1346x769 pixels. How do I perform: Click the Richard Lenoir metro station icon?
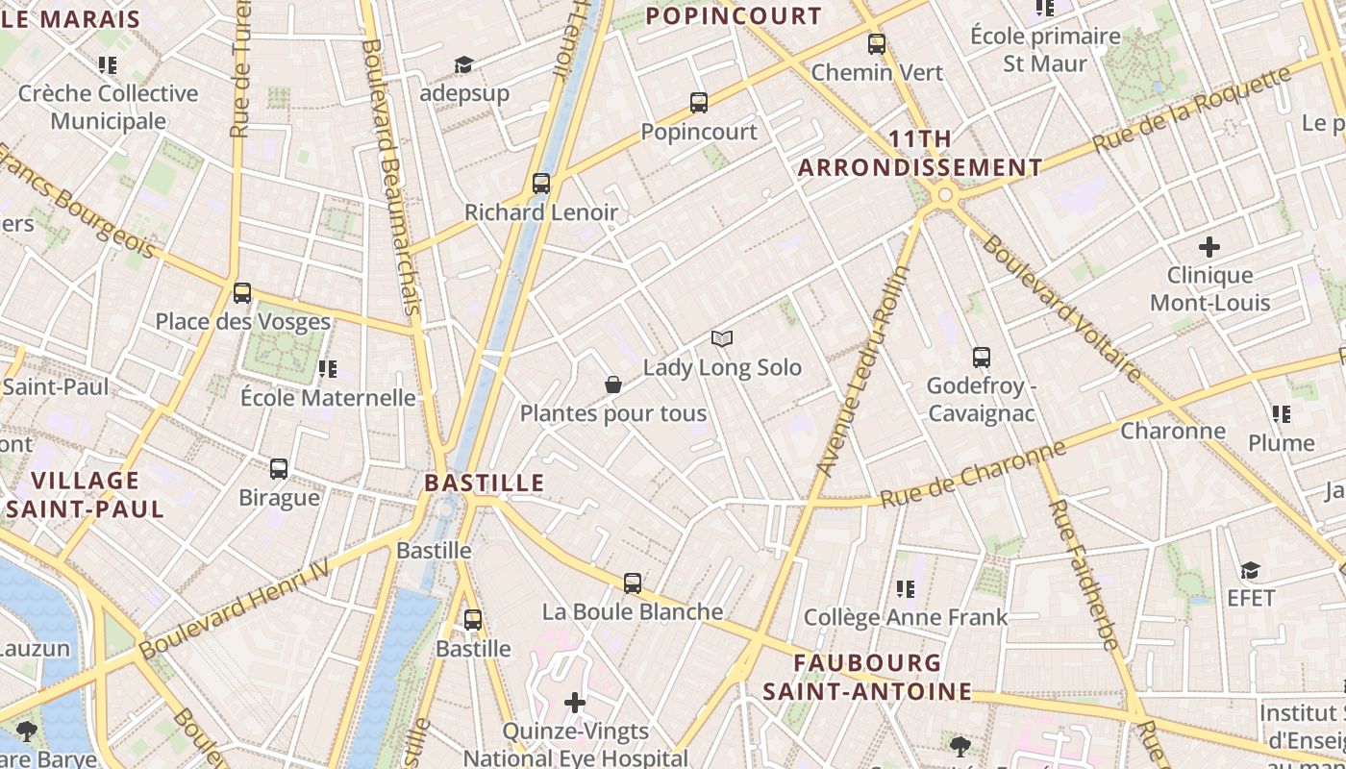pyautogui.click(x=541, y=184)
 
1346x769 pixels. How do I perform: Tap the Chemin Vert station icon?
pyautogui.click(x=876, y=44)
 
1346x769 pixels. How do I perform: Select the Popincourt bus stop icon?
pyautogui.click(x=699, y=103)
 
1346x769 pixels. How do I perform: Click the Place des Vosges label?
pyautogui.click(x=243, y=322)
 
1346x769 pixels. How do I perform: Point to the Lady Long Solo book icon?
pyautogui.click(x=722, y=338)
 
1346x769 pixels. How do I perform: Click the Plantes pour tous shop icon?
pyautogui.click(x=613, y=385)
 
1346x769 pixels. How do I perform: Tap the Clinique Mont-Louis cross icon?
pyautogui.click(x=1209, y=247)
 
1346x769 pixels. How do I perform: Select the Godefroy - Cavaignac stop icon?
pyautogui.click(x=981, y=358)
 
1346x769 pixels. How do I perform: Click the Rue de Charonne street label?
pyautogui.click(x=973, y=474)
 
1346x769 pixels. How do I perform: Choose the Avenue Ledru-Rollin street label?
pyautogui.click(x=862, y=370)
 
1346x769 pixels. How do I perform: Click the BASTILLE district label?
pyautogui.click(x=485, y=483)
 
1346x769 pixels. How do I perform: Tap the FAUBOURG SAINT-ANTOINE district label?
pyautogui.click(x=867, y=677)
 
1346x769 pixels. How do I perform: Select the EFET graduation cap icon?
pyautogui.click(x=1250, y=571)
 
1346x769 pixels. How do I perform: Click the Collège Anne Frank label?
pyautogui.click(x=906, y=617)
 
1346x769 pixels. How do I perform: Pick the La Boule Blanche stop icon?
pyautogui.click(x=632, y=583)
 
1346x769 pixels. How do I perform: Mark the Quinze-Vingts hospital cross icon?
pyautogui.click(x=575, y=703)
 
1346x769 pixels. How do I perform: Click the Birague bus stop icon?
pyautogui.click(x=279, y=469)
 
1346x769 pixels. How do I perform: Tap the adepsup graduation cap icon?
pyautogui.click(x=464, y=65)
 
